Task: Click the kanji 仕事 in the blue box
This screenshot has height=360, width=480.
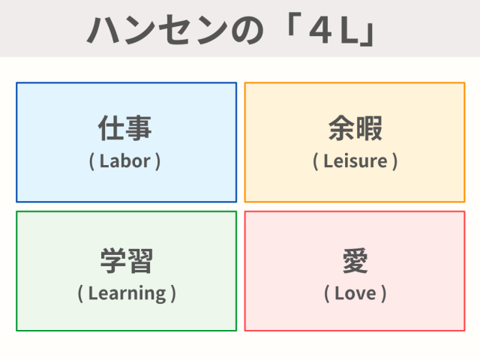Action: tap(125, 128)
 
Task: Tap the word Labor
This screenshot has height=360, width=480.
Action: tap(125, 161)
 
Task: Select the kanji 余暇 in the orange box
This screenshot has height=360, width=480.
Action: tap(355, 128)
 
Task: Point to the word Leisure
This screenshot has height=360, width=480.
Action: tap(355, 161)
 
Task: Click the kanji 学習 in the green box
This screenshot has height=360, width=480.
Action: tap(127, 261)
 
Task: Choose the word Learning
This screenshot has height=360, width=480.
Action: tap(127, 294)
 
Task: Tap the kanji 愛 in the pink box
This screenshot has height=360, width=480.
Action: tap(355, 261)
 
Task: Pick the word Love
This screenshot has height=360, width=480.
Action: tap(355, 293)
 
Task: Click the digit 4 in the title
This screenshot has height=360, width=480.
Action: tap(320, 31)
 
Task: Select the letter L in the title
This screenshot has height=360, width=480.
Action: tap(349, 31)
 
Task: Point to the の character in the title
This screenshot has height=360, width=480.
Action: tap(247, 31)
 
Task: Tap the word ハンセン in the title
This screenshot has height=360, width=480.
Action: tap(157, 30)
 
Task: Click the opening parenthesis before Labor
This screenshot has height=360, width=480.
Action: tap(91, 162)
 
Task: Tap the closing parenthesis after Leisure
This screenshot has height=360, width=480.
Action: tap(395, 162)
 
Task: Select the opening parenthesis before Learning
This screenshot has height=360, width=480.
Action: tap(80, 294)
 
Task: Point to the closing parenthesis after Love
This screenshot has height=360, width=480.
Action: tap(383, 294)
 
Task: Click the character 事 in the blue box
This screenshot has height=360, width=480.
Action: tap(139, 128)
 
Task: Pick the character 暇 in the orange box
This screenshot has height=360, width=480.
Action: tap(369, 128)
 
